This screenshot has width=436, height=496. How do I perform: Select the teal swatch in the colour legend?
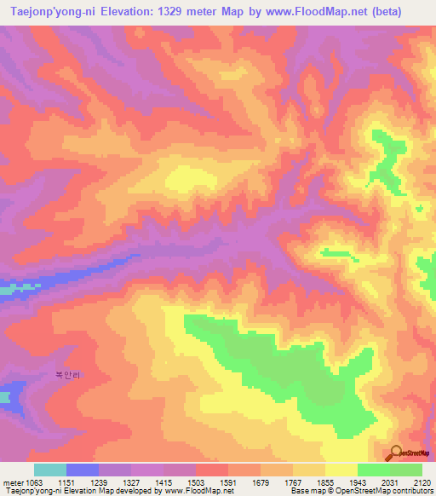50,470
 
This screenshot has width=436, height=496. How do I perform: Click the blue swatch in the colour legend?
83,470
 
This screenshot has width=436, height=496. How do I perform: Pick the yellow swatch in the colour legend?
341,470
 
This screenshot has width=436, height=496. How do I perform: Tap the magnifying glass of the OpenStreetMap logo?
394,452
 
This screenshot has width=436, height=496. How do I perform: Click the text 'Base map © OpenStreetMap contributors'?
359,492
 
